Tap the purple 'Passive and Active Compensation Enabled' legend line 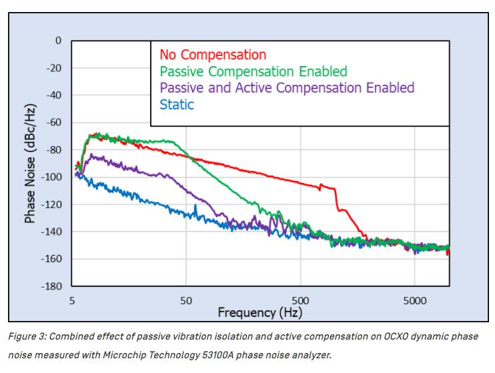tap(288, 88)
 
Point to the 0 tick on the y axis tap(58, 41)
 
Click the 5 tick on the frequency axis tap(72, 301)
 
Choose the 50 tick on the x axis tap(186, 301)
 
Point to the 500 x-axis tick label tap(300, 301)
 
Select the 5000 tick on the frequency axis tap(414, 301)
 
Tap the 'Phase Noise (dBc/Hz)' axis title tap(30, 163)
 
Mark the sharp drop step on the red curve tap(336, 199)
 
